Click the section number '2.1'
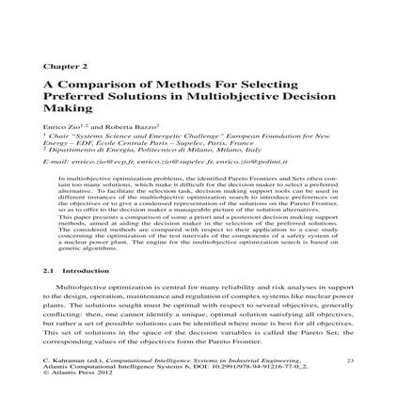[x=50, y=270]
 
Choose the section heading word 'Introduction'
[x=79, y=270]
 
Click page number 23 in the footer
[x=349, y=360]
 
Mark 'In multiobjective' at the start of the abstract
[x=81, y=176]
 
